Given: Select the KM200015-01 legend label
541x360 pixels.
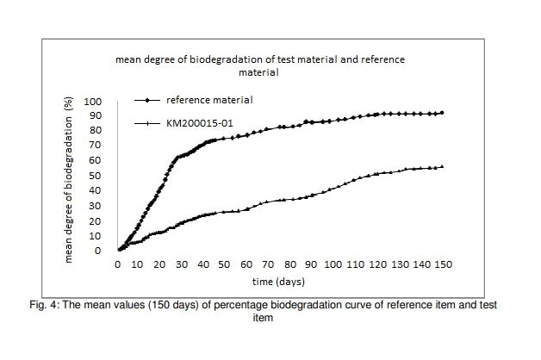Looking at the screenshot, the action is pyautogui.click(x=200, y=123).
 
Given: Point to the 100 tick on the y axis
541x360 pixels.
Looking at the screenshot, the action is pyautogui.click(x=93, y=102).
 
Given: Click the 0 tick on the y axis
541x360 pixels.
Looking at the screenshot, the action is pyautogui.click(x=98, y=251).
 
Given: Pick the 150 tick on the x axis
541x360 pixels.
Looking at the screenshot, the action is pyautogui.click(x=443, y=264).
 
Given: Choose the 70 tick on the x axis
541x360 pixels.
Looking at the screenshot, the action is pyautogui.click(x=268, y=264).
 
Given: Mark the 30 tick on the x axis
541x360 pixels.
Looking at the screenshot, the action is pyautogui.click(x=182, y=264).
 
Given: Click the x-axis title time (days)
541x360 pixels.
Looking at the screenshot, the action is pyautogui.click(x=278, y=282).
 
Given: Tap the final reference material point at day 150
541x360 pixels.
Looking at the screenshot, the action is pyautogui.click(x=442, y=113).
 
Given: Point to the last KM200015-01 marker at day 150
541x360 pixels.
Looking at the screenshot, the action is pyautogui.click(x=442, y=167).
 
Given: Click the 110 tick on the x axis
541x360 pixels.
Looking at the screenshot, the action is pyautogui.click(x=356, y=264).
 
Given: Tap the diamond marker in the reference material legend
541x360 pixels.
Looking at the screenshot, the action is pyautogui.click(x=147, y=101).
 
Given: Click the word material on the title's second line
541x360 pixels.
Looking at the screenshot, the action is pyautogui.click(x=258, y=72).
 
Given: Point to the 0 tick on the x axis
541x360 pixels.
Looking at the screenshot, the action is pyautogui.click(x=118, y=264).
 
